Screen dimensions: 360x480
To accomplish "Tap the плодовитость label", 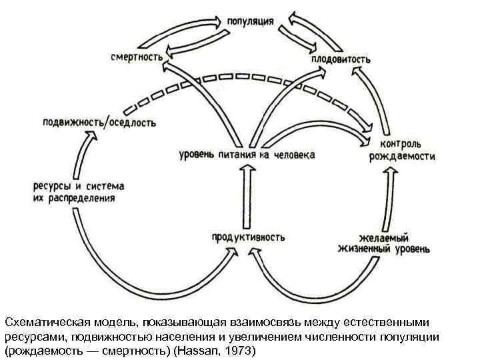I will tap(340, 59).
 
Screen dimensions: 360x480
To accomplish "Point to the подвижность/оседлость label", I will tap(99, 122).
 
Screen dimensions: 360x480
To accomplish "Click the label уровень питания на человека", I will tap(247, 155).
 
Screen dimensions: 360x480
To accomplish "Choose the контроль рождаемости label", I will tap(402, 151).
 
